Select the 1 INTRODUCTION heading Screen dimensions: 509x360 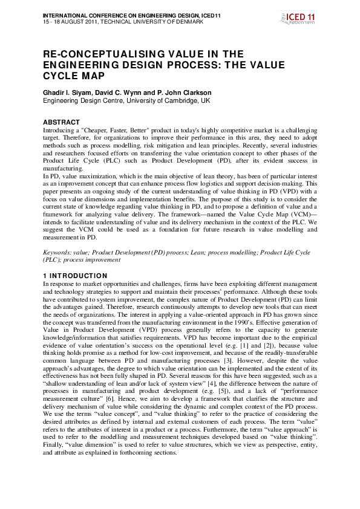click(76, 276)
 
